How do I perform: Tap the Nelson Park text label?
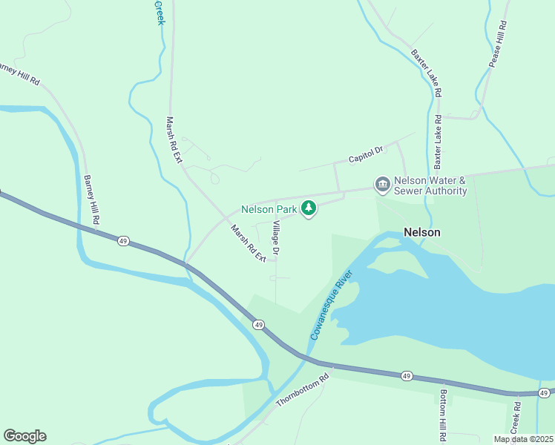(269, 210)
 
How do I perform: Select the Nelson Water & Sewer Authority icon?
(382, 184)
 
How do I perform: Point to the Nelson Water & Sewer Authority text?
(430, 185)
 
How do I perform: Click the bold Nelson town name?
(422, 232)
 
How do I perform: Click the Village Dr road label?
(275, 238)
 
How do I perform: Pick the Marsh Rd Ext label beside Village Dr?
(249, 243)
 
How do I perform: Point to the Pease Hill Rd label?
(497, 44)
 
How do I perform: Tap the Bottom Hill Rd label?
(443, 415)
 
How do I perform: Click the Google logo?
(24, 436)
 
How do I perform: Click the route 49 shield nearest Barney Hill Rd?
(123, 241)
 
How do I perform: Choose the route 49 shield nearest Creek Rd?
(544, 393)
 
